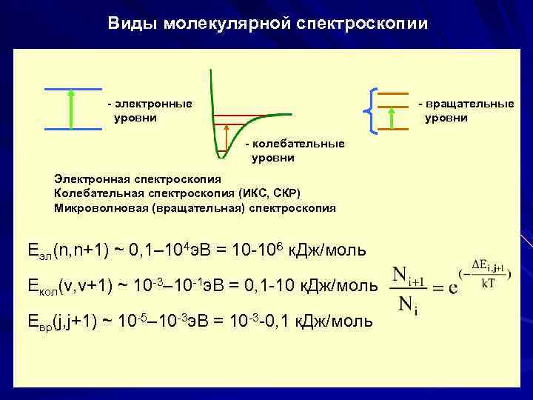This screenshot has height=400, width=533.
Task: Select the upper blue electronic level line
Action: [72, 89]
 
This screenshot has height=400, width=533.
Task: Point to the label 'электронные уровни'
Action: [149, 110]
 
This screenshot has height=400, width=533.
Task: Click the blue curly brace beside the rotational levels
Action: [370, 111]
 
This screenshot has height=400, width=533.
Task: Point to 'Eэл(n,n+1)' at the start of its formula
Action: [67, 250]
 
